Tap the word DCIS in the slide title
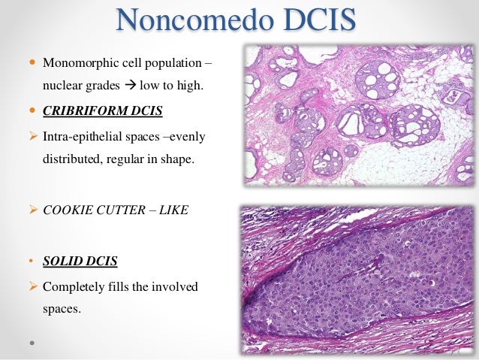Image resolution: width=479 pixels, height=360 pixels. (x=318, y=20)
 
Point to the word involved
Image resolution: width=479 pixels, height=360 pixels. (x=181, y=286)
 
